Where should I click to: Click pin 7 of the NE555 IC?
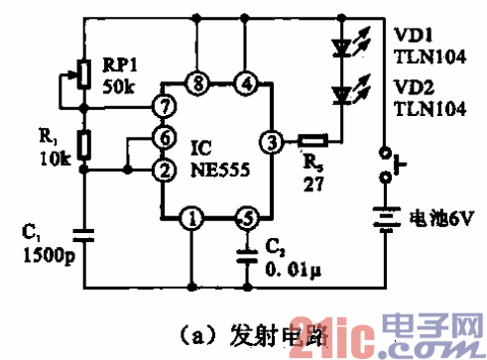pyautogui.click(x=160, y=103)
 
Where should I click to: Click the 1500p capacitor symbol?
pyautogui.click(x=84, y=235)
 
